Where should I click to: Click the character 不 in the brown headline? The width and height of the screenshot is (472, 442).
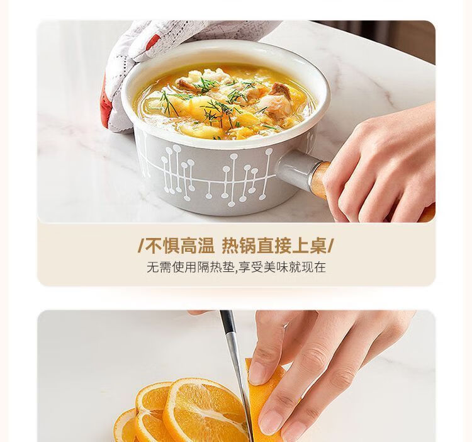154,246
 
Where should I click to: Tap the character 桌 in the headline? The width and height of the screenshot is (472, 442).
318,246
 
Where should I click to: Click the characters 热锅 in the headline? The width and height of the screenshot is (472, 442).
239,246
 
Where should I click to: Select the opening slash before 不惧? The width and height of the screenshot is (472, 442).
141,246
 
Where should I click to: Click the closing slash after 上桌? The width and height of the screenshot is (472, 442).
330,246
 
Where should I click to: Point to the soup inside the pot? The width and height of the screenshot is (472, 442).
225,101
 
